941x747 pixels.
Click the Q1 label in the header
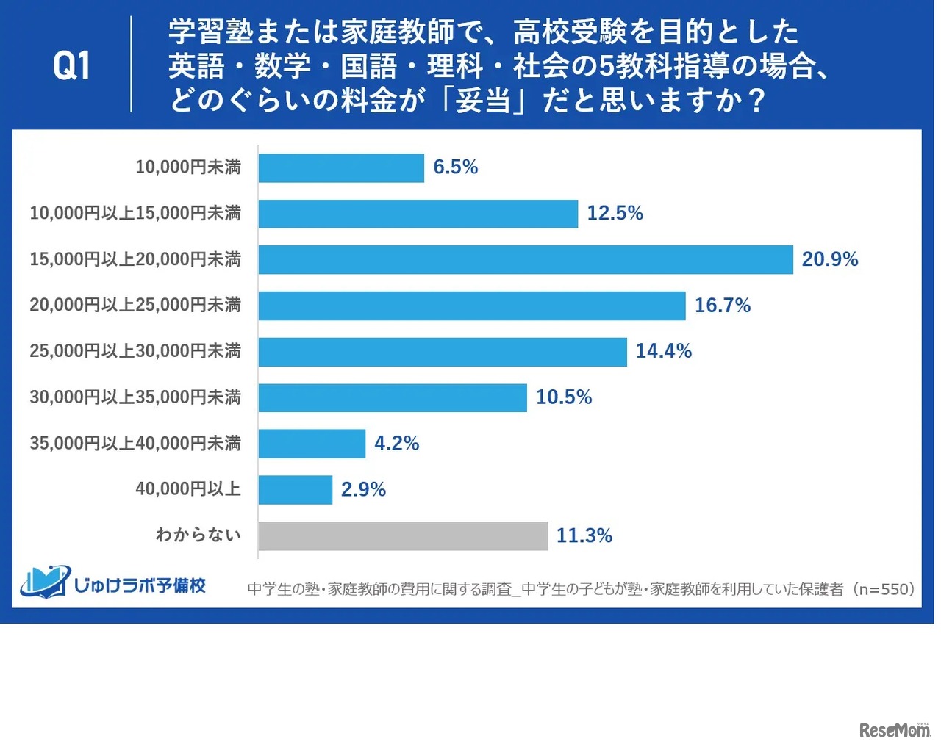click(x=71, y=66)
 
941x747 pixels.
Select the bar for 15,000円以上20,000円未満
click(x=525, y=259)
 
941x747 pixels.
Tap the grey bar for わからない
click(x=402, y=535)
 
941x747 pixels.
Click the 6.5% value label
click(x=455, y=167)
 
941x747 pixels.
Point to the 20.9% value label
click(x=829, y=259)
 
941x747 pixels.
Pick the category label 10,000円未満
click(x=187, y=167)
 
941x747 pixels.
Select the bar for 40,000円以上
click(x=295, y=489)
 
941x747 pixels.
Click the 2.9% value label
click(x=363, y=489)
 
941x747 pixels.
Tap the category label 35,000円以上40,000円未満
click(x=135, y=444)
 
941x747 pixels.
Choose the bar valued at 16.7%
click(x=471, y=306)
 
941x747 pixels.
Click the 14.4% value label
click(x=663, y=351)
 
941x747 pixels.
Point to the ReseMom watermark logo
click(x=894, y=729)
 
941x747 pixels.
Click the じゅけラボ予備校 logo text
click(x=140, y=585)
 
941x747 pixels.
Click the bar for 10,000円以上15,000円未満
click(x=418, y=214)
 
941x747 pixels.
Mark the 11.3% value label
click(x=584, y=535)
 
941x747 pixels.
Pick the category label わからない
click(x=198, y=535)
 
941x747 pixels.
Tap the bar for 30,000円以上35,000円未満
click(x=392, y=397)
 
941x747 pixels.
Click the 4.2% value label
click(x=396, y=444)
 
